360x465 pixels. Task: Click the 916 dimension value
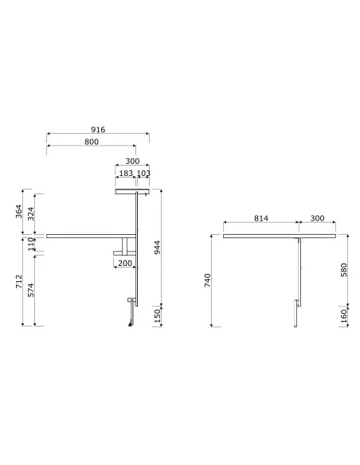pos(98,130)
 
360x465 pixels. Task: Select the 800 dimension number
pos(92,142)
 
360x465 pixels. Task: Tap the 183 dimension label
pos(126,173)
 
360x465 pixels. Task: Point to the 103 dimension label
pos(143,173)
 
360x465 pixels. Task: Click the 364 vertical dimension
pos(18,211)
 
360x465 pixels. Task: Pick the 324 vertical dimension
pos(31,214)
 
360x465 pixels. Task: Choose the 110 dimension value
pos(31,244)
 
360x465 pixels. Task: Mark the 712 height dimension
pos(18,281)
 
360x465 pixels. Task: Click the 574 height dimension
pos(31,290)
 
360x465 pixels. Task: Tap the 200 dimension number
pos(125,263)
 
